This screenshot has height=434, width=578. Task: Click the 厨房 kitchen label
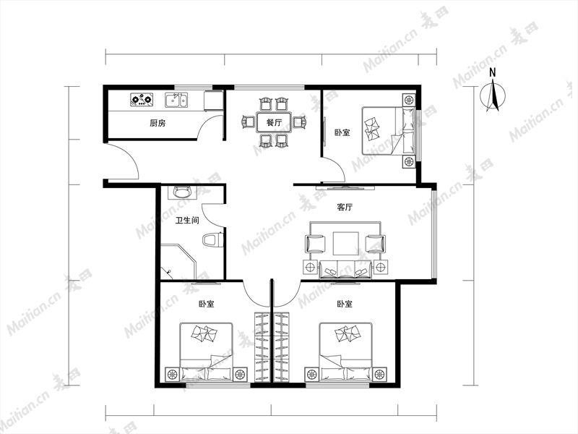pos(158,123)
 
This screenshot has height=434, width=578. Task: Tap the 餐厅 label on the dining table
pos(274,122)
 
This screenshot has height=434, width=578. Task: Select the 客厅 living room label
pos(345,207)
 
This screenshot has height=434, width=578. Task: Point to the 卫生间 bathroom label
pos(187,221)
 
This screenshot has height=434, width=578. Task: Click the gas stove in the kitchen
pos(142,99)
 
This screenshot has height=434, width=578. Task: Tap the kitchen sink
pos(176,100)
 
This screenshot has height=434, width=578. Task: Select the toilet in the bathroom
pos(212,240)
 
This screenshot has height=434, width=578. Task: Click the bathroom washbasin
pos(182,192)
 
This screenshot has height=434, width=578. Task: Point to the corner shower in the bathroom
pos(178,262)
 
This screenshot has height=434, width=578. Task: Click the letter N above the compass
pos(493,73)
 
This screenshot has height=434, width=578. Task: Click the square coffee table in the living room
pos(346,243)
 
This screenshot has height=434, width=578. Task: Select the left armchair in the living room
pos(316,244)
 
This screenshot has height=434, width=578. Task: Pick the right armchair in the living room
pos(376,244)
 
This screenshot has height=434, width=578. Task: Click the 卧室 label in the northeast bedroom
pos(342,132)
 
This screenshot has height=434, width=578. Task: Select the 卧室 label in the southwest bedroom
pos(206,304)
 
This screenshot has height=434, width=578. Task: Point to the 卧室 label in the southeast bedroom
pos(345,304)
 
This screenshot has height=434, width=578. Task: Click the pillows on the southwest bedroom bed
pos(204,333)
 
